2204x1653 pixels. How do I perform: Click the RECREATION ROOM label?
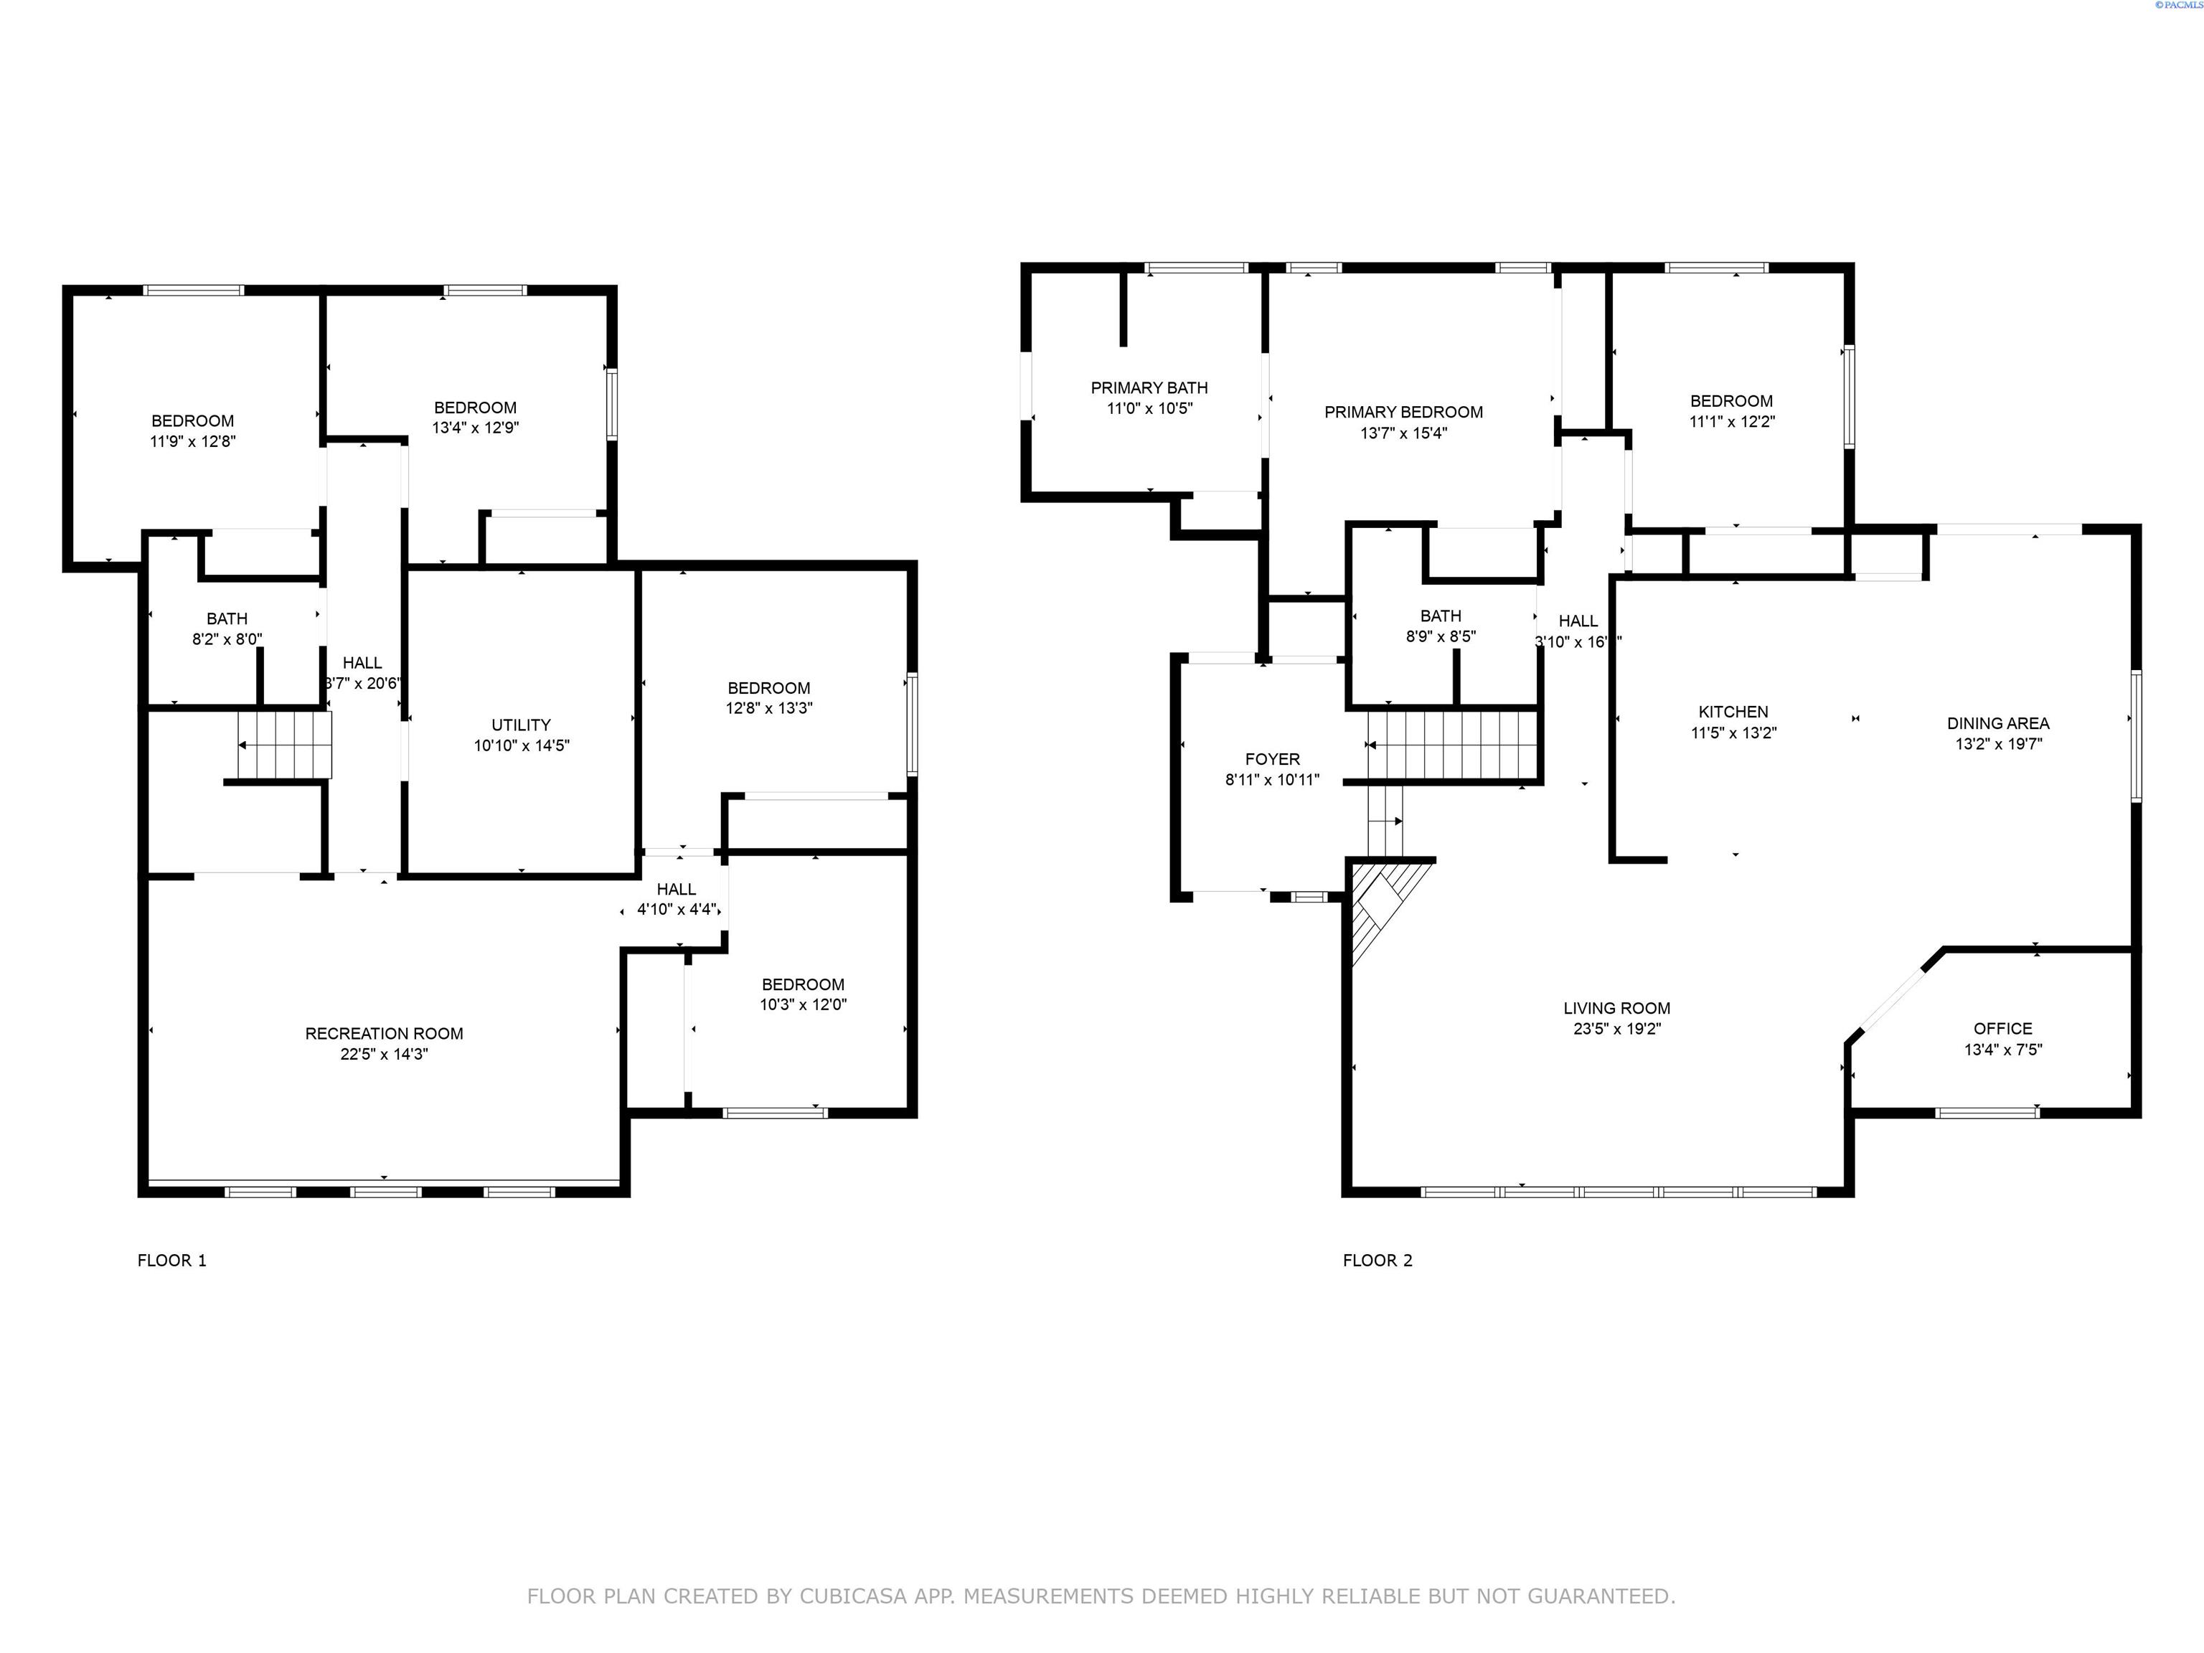(384, 1033)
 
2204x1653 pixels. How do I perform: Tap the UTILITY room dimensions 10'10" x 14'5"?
(521, 745)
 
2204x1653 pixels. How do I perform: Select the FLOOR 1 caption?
(171, 1261)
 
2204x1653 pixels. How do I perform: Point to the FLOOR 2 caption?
(1377, 1261)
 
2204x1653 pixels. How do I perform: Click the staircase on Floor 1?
(284, 745)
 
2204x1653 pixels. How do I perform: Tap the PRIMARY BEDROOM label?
(1403, 412)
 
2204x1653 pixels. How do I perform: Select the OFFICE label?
(2002, 1028)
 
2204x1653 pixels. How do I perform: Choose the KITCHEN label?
(1733, 712)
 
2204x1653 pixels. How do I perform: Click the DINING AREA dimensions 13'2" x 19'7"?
(1999, 743)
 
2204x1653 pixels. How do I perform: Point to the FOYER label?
(1272, 759)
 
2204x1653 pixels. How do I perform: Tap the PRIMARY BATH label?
(1149, 387)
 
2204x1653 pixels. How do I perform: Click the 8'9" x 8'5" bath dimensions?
(1441, 636)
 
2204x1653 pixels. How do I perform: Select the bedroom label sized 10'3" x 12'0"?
(803, 984)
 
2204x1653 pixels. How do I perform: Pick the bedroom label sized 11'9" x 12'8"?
(192, 420)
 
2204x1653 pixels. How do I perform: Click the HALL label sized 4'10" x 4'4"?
(677, 889)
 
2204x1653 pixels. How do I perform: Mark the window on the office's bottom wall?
(1987, 1113)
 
